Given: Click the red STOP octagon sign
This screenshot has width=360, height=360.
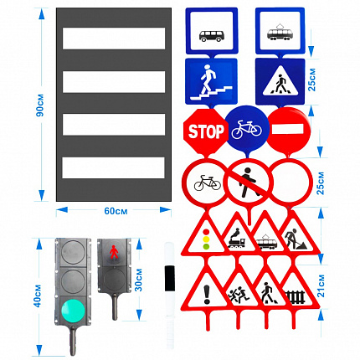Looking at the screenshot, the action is (x=206, y=131).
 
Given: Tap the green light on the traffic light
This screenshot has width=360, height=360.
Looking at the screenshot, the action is (x=73, y=311).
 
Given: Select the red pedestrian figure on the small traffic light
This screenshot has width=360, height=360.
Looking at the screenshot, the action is (x=114, y=252).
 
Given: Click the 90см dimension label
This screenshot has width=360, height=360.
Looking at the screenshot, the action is (x=40, y=105).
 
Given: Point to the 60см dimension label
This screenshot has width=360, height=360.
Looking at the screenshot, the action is (x=116, y=211).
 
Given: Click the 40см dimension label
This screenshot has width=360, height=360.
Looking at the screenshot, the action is (x=38, y=296).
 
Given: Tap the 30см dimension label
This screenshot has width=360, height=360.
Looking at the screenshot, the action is (x=138, y=280).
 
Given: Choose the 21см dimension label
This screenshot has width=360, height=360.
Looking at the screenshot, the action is (x=321, y=285).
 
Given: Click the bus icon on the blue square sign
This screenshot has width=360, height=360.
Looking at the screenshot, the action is (x=212, y=36).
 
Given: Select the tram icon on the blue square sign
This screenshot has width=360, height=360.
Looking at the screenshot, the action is (x=280, y=32).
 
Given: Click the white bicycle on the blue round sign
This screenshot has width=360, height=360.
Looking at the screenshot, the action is (x=247, y=129).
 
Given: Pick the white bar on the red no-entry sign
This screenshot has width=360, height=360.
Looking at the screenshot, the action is (x=288, y=129).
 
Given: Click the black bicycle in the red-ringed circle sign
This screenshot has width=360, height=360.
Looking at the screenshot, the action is (x=207, y=183).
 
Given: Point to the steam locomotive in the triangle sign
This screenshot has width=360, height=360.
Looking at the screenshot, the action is (x=237, y=239).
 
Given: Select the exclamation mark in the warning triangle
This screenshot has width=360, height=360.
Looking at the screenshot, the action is (x=207, y=294).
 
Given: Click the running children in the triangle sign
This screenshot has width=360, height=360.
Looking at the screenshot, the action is (x=239, y=295).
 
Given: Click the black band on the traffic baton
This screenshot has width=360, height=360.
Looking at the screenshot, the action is (x=169, y=279).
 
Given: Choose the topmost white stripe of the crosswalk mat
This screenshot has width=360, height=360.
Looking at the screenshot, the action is (x=114, y=39).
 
